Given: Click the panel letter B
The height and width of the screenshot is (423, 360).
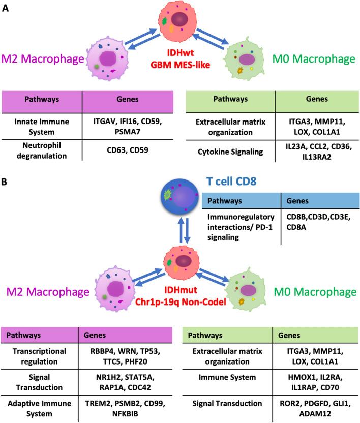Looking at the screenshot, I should pyautogui.click(x=6, y=180).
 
